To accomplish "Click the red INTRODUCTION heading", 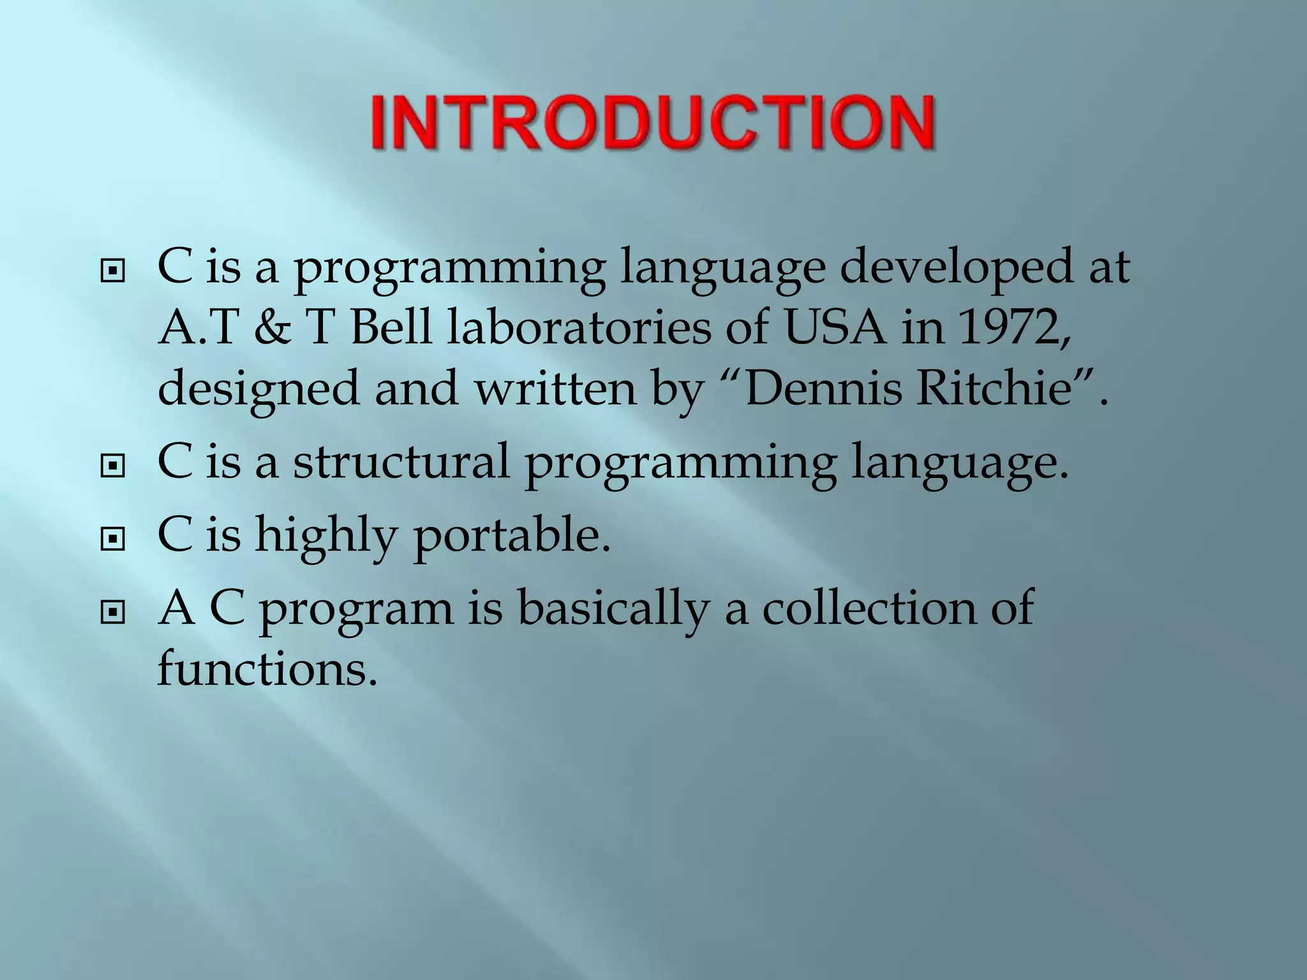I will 653,123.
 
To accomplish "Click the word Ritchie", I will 994,389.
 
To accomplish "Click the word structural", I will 401,461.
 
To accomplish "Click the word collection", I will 869,607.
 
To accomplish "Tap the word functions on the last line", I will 267,669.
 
